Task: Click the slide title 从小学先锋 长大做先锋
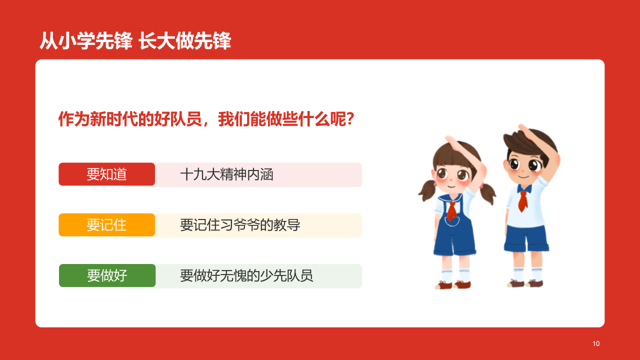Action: (x=135, y=41)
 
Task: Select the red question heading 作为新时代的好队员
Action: (x=206, y=119)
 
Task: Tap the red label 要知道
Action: (x=106, y=174)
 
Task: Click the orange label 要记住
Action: (x=106, y=225)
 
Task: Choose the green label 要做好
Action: (x=107, y=275)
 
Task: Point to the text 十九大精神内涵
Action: (x=226, y=174)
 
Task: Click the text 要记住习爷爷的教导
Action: (x=240, y=225)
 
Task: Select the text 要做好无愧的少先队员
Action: (x=246, y=275)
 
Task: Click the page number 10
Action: (x=595, y=343)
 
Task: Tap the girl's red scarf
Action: (x=451, y=210)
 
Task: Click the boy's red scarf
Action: (x=523, y=198)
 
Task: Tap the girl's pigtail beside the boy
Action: (x=487, y=192)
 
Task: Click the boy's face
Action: (x=524, y=165)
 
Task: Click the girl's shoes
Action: (x=452, y=284)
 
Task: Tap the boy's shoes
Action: (x=525, y=283)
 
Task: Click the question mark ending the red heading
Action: (x=350, y=119)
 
